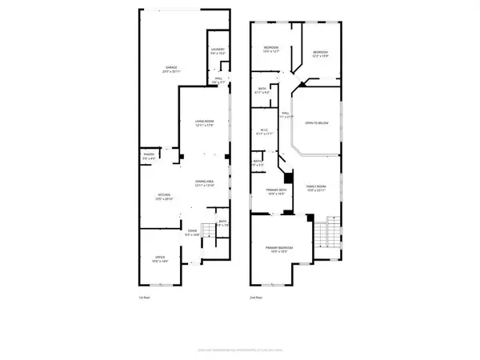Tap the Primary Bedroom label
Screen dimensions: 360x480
point(280,249)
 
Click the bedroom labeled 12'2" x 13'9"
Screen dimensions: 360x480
point(321,54)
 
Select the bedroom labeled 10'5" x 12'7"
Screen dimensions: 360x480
point(270,50)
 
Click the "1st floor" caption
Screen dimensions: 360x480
point(144,298)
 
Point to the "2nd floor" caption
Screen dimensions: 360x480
point(254,298)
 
